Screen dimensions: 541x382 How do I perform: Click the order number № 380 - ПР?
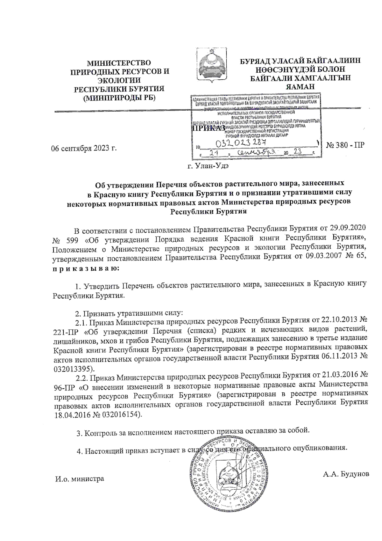pyautogui.click(x=345, y=145)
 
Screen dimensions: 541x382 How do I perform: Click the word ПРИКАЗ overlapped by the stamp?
pyautogui.click(x=209, y=128)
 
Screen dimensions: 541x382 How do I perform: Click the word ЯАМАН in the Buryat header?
pyautogui.click(x=300, y=86)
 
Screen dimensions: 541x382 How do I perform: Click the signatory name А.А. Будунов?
pyautogui.click(x=346, y=474)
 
